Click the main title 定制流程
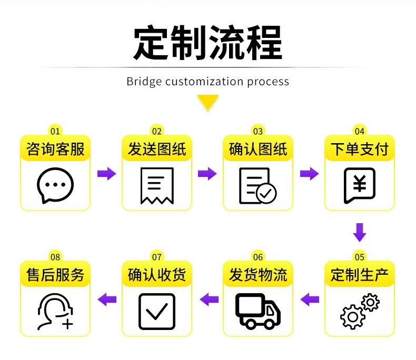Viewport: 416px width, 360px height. [x=207, y=43]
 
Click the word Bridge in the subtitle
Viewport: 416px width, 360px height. [x=144, y=82]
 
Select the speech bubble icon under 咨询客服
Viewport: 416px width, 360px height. [x=55, y=186]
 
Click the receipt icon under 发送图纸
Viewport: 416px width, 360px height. [x=156, y=186]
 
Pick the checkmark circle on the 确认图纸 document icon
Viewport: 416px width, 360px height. [x=266, y=194]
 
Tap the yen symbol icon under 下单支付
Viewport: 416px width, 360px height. [x=359, y=185]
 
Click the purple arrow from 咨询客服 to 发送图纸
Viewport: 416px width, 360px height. [x=106, y=173]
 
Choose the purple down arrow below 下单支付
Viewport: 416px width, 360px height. [x=359, y=232]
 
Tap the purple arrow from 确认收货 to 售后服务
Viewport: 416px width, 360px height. [x=107, y=299]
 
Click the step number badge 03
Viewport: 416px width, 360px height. [x=257, y=131]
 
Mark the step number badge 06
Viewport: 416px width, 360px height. [x=257, y=257]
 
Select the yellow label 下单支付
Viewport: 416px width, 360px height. [x=359, y=149]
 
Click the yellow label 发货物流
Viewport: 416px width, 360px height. [x=257, y=275]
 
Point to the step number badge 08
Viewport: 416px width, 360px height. [x=55, y=257]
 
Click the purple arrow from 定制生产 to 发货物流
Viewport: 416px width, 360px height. [x=310, y=299]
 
